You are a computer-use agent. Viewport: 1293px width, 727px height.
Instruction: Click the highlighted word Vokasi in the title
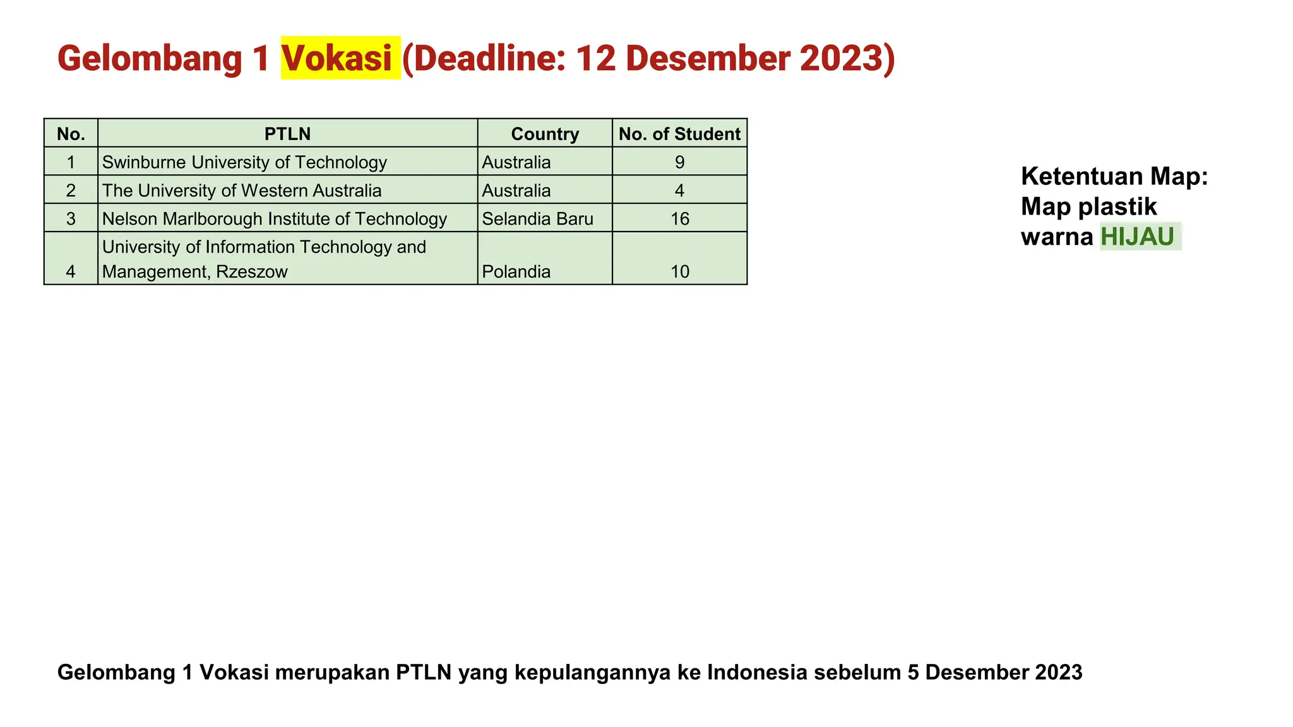(x=337, y=58)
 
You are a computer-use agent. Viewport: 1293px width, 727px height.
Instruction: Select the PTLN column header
(x=287, y=134)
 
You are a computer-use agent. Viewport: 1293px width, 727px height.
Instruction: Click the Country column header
(x=545, y=134)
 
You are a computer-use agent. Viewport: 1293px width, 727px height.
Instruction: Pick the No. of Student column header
(x=679, y=134)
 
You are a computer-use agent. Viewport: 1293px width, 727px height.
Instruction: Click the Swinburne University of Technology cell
(x=244, y=162)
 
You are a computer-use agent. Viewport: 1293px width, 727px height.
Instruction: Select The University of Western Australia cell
(x=242, y=191)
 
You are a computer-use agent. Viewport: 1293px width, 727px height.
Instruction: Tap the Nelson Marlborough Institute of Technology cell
(x=275, y=219)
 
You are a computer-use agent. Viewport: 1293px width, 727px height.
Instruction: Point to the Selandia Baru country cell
(x=537, y=219)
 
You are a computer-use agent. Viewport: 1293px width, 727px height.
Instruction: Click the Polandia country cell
(x=516, y=271)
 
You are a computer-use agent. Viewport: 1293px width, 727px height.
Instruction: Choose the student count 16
(x=679, y=219)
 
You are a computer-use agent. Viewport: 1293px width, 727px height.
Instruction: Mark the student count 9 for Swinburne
(x=679, y=162)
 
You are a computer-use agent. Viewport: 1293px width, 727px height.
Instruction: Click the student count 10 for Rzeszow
(x=679, y=271)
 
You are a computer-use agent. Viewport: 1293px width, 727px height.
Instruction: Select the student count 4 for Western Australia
(x=679, y=191)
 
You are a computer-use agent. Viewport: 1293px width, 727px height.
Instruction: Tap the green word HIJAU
(x=1137, y=237)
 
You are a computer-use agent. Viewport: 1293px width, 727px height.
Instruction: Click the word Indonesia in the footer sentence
(x=757, y=672)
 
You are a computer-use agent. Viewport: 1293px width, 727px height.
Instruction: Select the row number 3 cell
(x=71, y=219)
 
